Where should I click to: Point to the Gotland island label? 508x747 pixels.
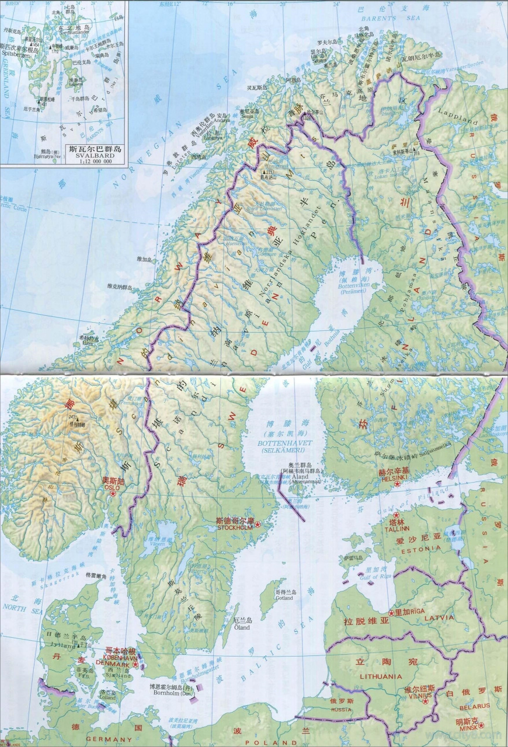coord(284,598)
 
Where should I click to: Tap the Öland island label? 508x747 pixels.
coord(242,628)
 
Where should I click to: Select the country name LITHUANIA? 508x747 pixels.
coord(381,676)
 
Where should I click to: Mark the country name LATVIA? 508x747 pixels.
coord(439,617)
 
